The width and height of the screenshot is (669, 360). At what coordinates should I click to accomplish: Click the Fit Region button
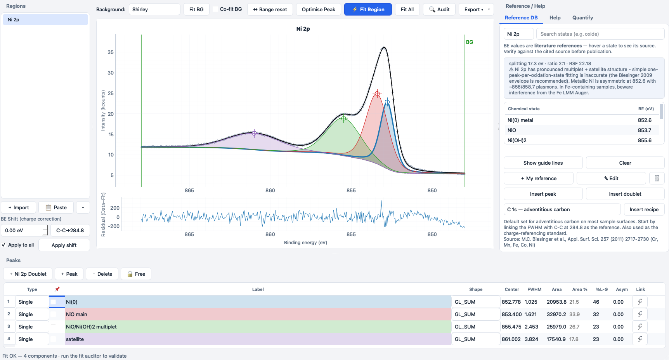pyautogui.click(x=368, y=9)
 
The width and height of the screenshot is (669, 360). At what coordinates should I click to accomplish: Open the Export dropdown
pyautogui.click(x=476, y=9)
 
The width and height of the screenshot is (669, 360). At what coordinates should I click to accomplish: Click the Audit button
pyautogui.click(x=439, y=9)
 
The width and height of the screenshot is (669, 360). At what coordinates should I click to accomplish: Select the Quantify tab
pyautogui.click(x=582, y=17)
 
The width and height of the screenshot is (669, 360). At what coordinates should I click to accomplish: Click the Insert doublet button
pyautogui.click(x=625, y=194)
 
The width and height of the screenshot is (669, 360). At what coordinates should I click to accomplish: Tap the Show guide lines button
pyautogui.click(x=543, y=163)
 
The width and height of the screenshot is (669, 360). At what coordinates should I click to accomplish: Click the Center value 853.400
pyautogui.click(x=511, y=314)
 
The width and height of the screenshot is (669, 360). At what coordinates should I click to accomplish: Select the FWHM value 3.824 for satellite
pyautogui.click(x=531, y=339)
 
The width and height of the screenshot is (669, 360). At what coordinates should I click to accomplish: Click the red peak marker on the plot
pyautogui.click(x=377, y=94)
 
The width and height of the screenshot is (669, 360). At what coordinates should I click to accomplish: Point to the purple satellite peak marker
pyautogui.click(x=254, y=133)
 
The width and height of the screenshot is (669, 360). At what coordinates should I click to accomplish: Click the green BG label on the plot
pyautogui.click(x=470, y=42)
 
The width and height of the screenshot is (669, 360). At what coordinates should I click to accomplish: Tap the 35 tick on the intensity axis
pyautogui.click(x=111, y=52)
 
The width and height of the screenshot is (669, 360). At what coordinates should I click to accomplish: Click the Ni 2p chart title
pyautogui.click(x=303, y=29)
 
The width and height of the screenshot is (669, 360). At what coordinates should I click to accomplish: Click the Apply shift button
pyautogui.click(x=64, y=245)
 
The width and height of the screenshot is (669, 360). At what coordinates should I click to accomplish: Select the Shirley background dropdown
pyautogui.click(x=154, y=9)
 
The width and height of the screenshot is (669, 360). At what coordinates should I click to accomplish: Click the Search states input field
pyautogui.click(x=600, y=34)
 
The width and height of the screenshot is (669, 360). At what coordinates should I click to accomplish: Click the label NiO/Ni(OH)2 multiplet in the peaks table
pyautogui.click(x=91, y=327)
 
